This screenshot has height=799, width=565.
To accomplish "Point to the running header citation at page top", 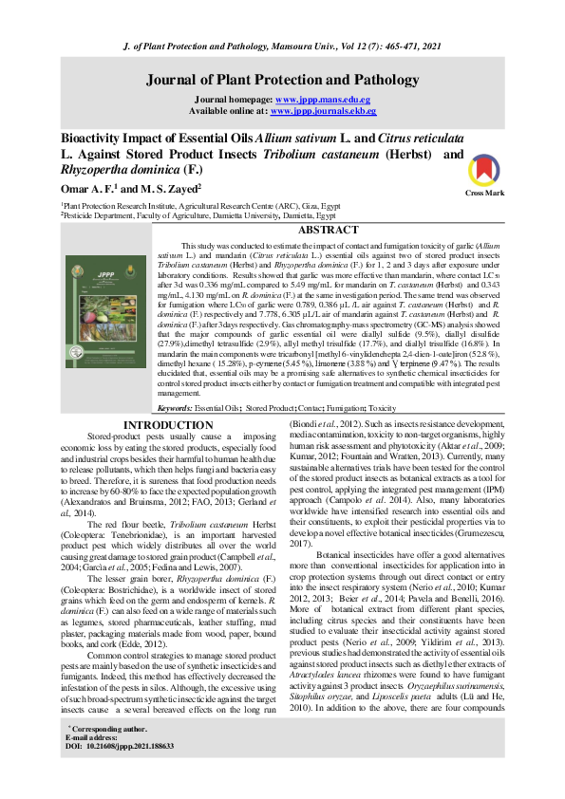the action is point(282,46).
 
